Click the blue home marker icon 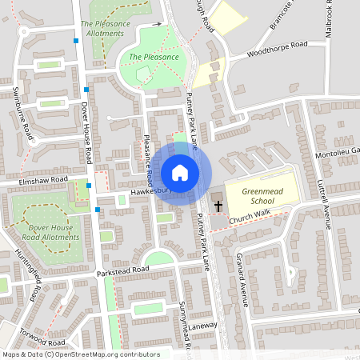(x=180, y=172)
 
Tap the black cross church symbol (x=218, y=206)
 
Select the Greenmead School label (x=250, y=196)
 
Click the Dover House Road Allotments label (x=44, y=232)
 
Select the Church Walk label (x=250, y=218)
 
